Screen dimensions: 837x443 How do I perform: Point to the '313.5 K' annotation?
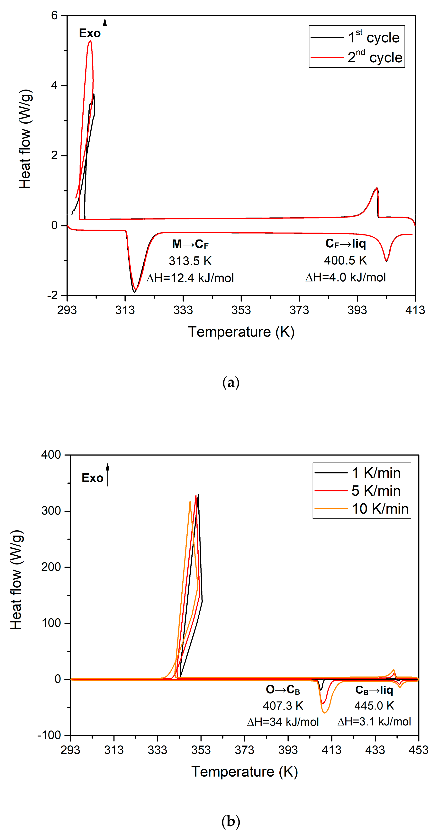pyautogui.click(x=190, y=261)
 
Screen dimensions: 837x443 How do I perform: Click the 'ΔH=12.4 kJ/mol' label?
pyautogui.click(x=190, y=278)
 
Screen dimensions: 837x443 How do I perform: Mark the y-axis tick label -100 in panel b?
pyautogui.click(x=49, y=735)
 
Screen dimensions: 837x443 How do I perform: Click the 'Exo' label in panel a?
pyautogui.click(x=90, y=33)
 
